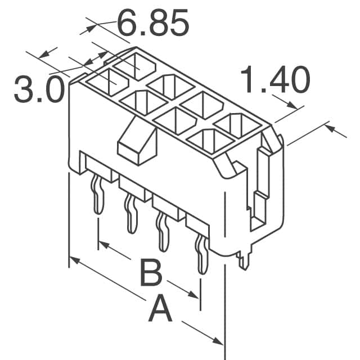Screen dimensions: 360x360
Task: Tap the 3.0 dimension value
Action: point(38,91)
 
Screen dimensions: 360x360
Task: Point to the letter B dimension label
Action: point(151,275)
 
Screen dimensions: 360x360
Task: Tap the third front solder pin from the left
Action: point(164,232)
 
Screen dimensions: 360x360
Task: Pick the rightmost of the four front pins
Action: point(200,253)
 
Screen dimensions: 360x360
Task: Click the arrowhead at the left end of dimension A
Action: point(75,260)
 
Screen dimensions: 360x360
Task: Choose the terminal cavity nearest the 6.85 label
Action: point(137,63)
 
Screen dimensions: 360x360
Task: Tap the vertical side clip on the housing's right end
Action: point(260,180)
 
